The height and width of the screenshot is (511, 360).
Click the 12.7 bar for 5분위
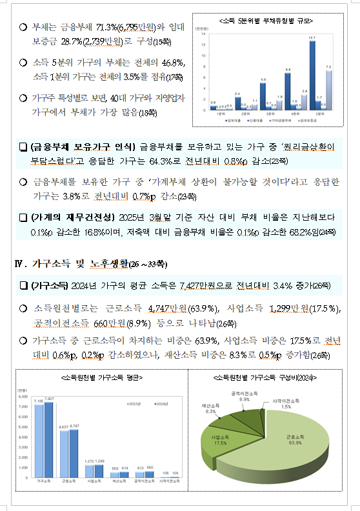click(313, 76)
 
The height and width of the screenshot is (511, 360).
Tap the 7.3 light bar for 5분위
click(330, 90)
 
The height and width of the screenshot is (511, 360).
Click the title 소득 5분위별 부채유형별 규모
click(266, 21)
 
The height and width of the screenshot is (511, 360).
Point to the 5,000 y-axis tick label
click(23, 427)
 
